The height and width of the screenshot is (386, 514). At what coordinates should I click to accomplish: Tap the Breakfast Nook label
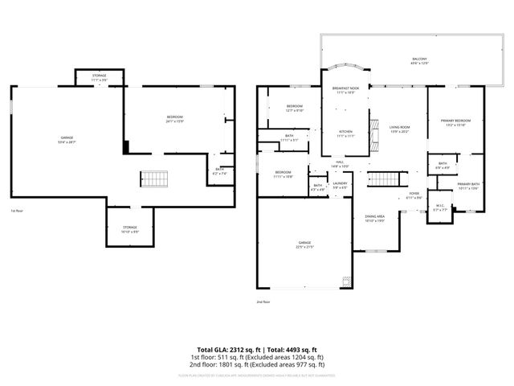[345, 91]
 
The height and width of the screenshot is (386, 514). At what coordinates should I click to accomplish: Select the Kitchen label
[345, 133]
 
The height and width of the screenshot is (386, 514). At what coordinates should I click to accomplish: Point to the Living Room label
[400, 129]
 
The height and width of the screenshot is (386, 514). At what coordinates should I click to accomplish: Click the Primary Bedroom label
[455, 123]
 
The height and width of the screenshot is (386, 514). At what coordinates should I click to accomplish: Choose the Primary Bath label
[467, 187]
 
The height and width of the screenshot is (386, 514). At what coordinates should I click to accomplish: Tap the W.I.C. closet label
[439, 206]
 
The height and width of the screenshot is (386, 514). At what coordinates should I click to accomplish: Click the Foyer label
[414, 195]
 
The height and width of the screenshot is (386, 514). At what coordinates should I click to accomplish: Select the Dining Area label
[375, 218]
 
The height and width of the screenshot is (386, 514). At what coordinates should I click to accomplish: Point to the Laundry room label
[340, 186]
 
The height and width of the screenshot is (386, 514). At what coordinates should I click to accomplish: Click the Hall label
[340, 164]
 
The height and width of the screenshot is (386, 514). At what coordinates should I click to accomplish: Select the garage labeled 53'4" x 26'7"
[67, 140]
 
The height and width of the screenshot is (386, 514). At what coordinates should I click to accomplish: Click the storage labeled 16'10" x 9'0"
[130, 230]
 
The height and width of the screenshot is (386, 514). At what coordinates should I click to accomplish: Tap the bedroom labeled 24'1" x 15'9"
[175, 120]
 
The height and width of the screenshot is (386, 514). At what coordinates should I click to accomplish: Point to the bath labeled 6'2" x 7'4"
[220, 171]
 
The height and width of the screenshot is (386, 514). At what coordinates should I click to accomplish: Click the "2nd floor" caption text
[263, 302]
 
